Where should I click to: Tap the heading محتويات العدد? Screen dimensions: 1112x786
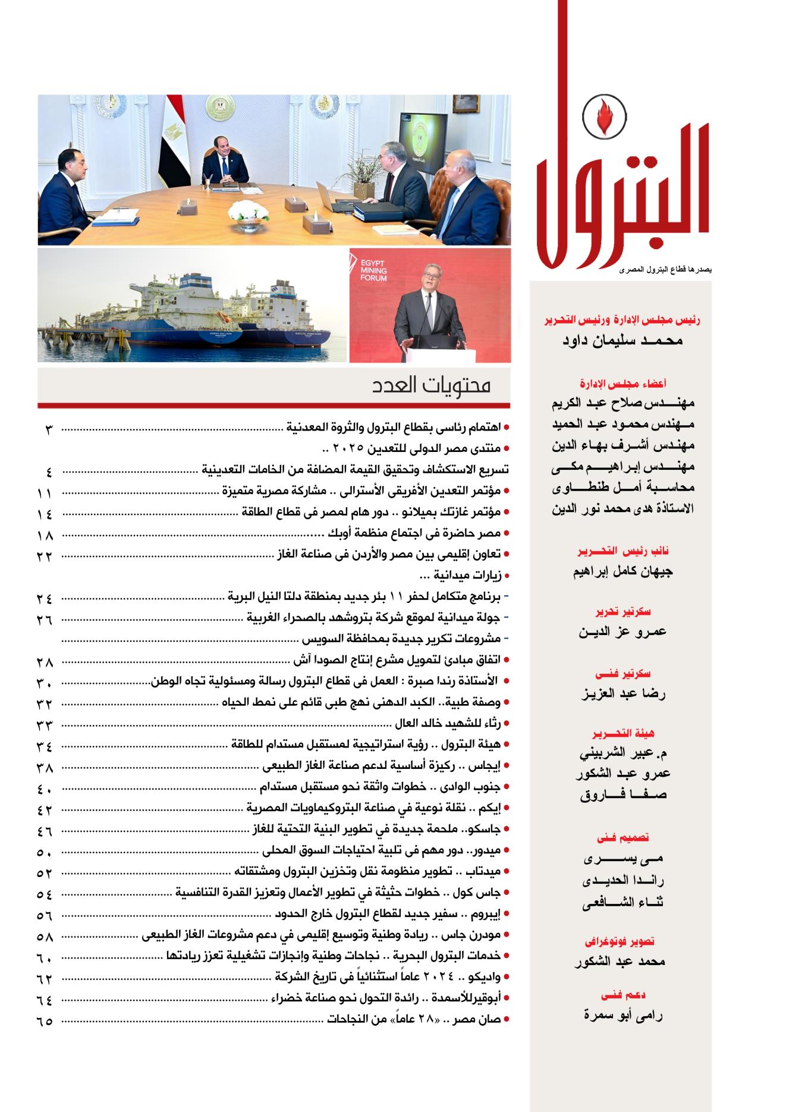(x=432, y=385)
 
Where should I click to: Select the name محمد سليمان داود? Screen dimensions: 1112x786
(x=622, y=341)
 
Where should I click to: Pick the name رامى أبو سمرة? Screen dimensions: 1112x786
(x=623, y=1015)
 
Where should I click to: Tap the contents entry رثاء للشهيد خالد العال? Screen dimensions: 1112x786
(x=448, y=724)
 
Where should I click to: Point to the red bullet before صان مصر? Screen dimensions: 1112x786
(x=506, y=1020)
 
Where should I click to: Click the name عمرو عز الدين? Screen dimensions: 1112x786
(x=622, y=632)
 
